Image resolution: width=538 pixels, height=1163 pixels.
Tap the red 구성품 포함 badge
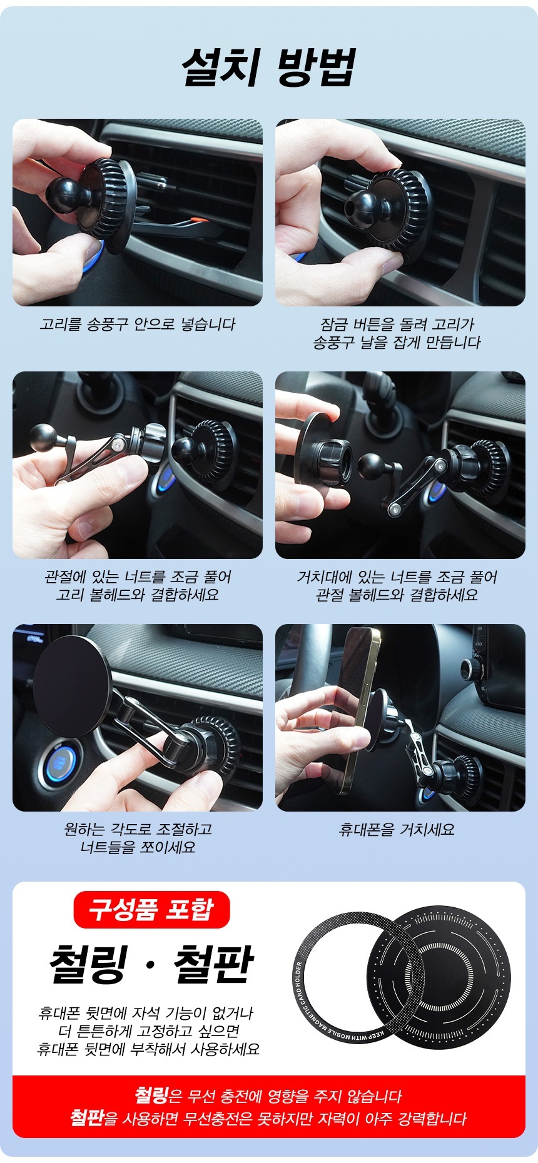pyautogui.click(x=151, y=909)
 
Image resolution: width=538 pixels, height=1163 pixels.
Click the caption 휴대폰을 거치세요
pyautogui.click(x=397, y=830)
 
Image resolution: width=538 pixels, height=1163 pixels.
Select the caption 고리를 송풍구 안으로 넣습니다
pyautogui.click(x=138, y=324)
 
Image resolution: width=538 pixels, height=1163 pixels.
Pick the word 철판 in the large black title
pyautogui.click(x=213, y=964)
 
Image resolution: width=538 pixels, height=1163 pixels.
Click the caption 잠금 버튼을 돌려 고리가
pyautogui.click(x=397, y=324)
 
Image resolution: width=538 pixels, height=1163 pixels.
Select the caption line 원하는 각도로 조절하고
pyautogui.click(x=138, y=829)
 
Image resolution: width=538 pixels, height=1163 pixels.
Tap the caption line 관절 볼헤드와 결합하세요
pyautogui.click(x=397, y=595)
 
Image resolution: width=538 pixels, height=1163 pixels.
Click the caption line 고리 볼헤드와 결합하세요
pyautogui.click(x=138, y=595)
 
